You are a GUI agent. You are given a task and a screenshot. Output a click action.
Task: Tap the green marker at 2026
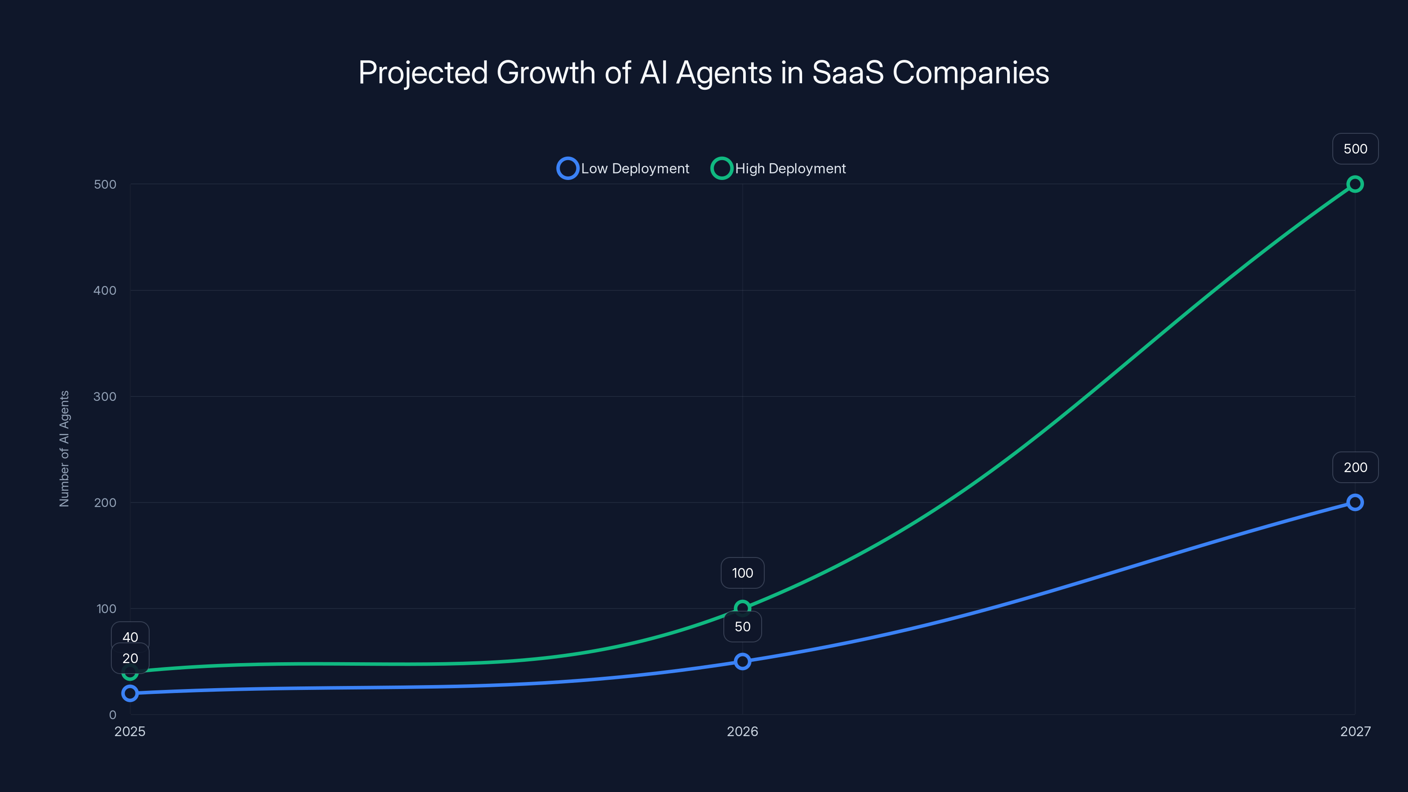742,608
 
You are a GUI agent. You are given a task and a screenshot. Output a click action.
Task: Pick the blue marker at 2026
742,661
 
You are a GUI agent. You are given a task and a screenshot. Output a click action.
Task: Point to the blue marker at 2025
130,693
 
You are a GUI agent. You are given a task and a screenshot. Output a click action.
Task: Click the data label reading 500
1355,149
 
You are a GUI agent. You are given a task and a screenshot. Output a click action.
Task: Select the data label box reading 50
742,627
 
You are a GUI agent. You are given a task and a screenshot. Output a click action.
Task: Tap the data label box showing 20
130,659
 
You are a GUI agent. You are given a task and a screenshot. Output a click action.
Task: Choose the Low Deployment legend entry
623,169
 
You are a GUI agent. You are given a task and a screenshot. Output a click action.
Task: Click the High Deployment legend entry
778,169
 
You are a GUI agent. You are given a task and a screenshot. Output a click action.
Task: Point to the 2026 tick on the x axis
742,731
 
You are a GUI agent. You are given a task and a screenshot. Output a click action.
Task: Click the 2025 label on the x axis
130,731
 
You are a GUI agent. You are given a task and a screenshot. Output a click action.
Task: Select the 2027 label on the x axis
1355,731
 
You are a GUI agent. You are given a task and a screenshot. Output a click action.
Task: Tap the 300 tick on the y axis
105,397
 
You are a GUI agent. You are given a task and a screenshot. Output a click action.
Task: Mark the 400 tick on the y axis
105,291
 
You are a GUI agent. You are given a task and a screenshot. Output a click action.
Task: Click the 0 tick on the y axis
113,715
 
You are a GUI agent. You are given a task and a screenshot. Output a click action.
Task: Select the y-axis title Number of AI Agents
65,449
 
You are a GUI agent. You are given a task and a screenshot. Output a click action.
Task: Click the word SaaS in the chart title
847,73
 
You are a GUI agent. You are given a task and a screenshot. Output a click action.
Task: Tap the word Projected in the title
422,73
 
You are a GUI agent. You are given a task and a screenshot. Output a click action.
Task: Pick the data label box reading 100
742,573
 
